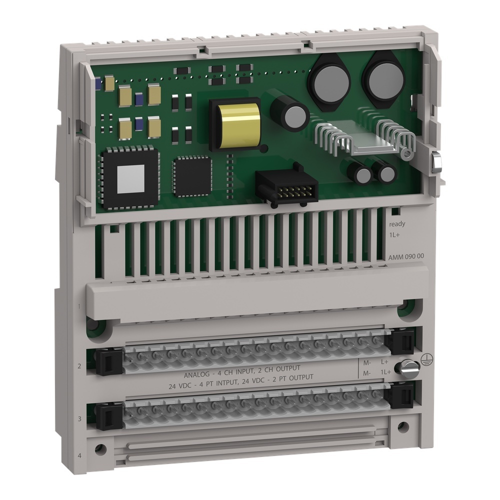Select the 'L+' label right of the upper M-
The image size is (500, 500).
384,361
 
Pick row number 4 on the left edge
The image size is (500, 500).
80,455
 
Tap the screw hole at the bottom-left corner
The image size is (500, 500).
101,448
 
